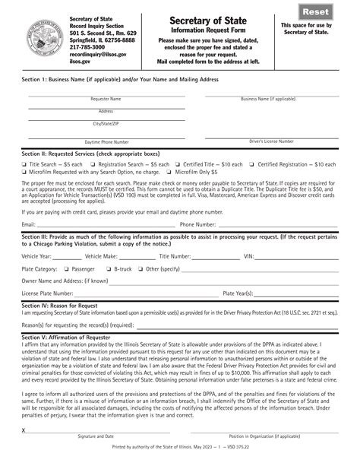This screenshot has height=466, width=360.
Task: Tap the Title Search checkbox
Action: coord(25,164)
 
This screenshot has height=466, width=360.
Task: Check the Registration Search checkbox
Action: coord(93,164)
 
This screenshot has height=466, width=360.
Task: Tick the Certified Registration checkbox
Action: coord(253,164)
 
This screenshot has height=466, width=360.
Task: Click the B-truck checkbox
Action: coord(110,269)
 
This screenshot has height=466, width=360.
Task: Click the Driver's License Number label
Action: coord(271,141)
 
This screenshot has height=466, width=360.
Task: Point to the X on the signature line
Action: coord(24,452)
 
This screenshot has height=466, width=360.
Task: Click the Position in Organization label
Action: coord(270,458)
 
